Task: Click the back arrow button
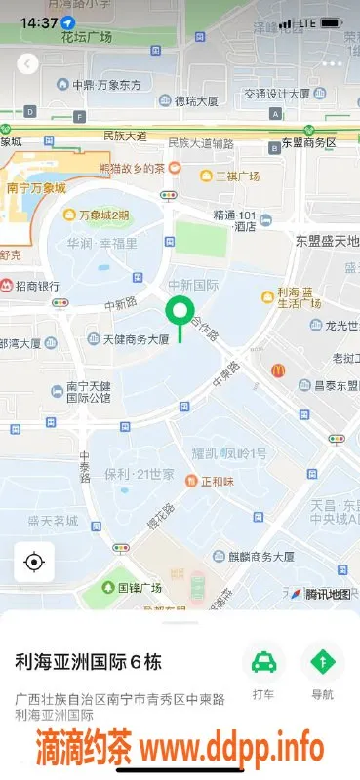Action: (x=28, y=63)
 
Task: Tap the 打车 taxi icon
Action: (x=263, y=664)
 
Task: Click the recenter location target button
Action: (x=34, y=563)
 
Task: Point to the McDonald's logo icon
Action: (x=277, y=370)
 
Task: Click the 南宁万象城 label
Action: (x=36, y=188)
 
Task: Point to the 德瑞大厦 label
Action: (x=196, y=100)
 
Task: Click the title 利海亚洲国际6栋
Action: (x=88, y=662)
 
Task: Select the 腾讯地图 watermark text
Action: (x=327, y=593)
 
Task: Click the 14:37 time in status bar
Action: (x=37, y=21)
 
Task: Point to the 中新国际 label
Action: (x=192, y=286)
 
